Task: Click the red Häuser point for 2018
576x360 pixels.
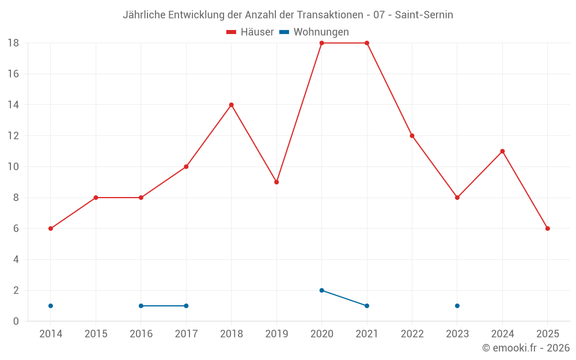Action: click(232, 105)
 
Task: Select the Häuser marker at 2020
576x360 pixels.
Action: click(321, 43)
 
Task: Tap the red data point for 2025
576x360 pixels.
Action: click(547, 229)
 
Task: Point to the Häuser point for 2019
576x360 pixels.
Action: click(276, 182)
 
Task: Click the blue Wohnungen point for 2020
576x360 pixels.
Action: click(321, 290)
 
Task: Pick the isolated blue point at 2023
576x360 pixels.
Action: click(457, 306)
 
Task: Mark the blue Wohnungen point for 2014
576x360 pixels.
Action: click(51, 306)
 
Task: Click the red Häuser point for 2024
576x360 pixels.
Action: click(502, 151)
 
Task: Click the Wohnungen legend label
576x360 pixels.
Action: click(321, 32)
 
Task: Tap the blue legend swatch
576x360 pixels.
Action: click(285, 32)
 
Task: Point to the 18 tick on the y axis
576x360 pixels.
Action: click(13, 43)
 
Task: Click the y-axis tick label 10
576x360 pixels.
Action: click(13, 167)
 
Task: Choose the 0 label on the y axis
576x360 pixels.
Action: click(16, 321)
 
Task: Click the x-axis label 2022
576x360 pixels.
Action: click(412, 334)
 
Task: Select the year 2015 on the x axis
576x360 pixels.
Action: click(96, 334)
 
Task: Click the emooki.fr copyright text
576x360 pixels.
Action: click(526, 348)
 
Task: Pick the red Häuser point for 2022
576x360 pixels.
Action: click(412, 136)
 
